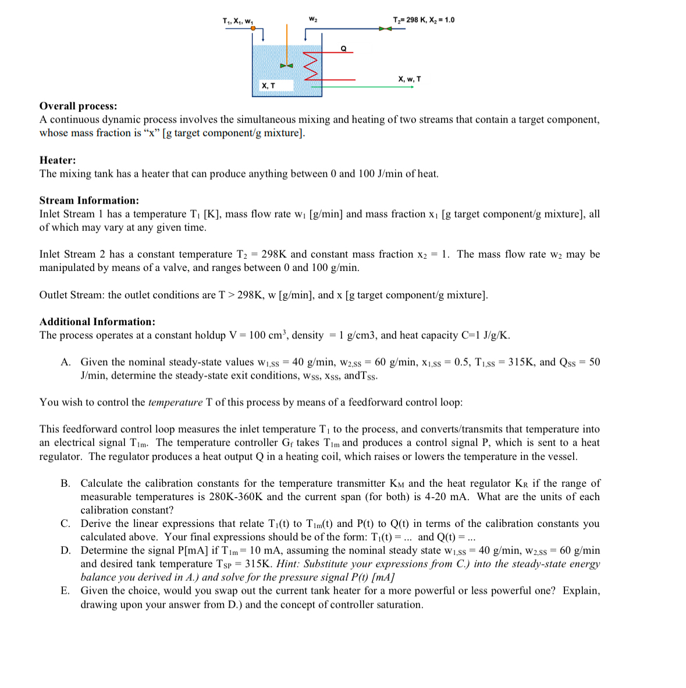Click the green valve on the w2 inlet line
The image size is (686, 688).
383,28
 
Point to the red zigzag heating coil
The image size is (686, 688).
311,65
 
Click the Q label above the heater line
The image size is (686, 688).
343,49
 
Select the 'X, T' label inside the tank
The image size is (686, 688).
268,85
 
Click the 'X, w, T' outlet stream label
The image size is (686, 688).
410,79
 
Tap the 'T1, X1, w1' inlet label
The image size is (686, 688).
238,22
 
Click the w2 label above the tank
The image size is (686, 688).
313,20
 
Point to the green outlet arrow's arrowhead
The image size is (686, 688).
412,87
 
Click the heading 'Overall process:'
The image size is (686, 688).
78,106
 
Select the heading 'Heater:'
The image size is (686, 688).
58,160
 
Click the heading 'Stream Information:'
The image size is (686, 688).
89,200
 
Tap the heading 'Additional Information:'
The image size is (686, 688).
97,322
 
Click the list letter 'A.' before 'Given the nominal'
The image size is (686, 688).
66,362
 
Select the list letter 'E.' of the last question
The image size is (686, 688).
65,590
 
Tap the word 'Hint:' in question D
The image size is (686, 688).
287,564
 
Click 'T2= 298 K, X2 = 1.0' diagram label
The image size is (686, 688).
424,20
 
